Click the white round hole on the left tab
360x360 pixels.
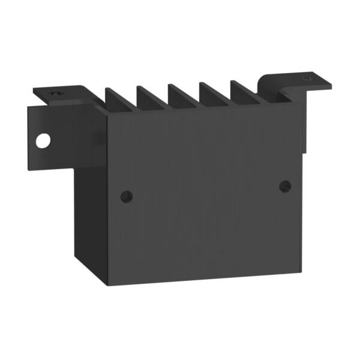(x=43, y=140)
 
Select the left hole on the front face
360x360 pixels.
(x=126, y=196)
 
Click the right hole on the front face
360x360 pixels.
(x=285, y=187)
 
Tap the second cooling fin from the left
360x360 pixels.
(x=150, y=98)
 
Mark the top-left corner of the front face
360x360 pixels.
(x=107, y=115)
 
